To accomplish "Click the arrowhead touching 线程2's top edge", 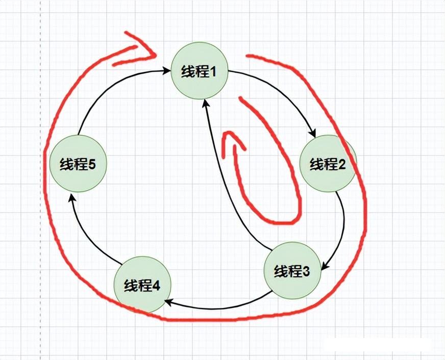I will click(313, 134).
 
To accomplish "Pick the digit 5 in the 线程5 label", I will click(92, 164).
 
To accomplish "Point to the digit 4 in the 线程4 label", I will click(156, 286).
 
